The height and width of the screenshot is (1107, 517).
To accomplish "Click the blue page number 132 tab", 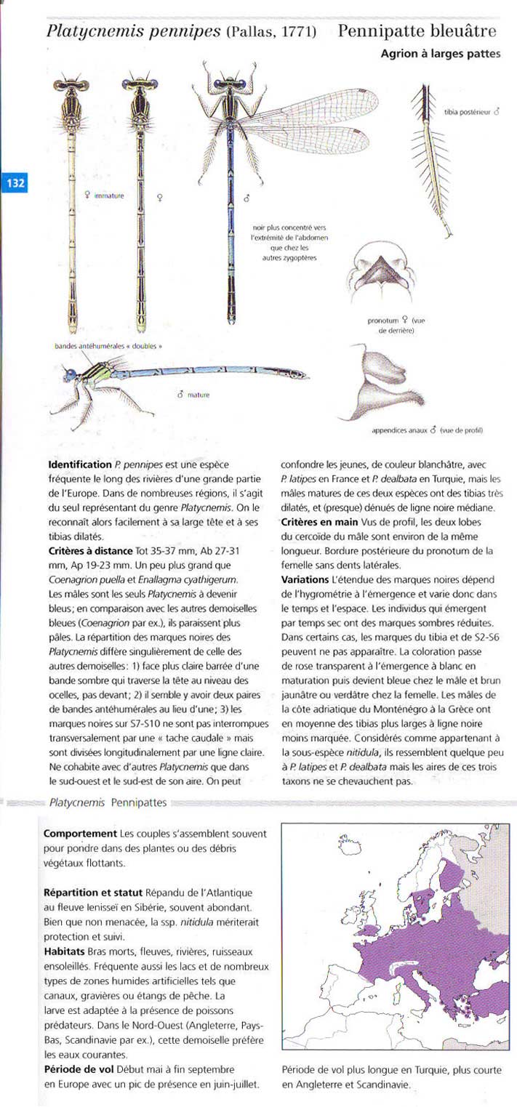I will tap(15, 183).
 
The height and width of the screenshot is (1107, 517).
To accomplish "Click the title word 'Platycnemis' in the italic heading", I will tap(95, 31).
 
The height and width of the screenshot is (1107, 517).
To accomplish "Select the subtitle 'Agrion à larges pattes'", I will tap(440, 54).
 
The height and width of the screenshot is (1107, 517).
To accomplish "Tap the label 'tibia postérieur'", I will tap(470, 113).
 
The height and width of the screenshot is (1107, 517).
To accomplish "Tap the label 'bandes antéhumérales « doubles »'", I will tap(108, 345).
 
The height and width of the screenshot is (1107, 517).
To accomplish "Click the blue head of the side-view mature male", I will tap(70, 375).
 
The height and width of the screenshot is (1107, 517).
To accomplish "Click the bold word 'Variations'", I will tap(305, 579).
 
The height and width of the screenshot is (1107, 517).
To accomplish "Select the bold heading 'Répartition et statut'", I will tap(93, 891).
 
